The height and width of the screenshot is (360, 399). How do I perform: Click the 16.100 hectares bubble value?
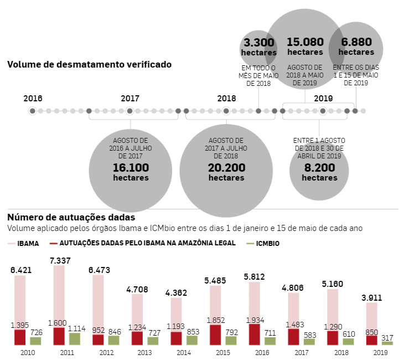(x=131, y=167)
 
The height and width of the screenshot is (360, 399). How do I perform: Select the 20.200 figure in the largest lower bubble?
(x=226, y=167)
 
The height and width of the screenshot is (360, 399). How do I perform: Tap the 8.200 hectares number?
(x=319, y=167)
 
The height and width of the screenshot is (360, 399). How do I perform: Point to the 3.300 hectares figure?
(x=259, y=42)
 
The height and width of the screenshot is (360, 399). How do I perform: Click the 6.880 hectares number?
(x=356, y=42)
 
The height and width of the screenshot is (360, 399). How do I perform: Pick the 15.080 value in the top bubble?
(x=305, y=42)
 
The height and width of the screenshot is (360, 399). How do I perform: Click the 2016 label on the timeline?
(x=33, y=99)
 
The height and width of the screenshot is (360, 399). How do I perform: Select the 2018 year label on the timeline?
(x=226, y=99)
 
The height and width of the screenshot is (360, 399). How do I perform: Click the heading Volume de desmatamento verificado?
(x=89, y=64)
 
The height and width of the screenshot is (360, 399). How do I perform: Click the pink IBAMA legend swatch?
(x=11, y=243)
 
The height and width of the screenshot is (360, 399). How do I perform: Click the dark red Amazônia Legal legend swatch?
(x=53, y=243)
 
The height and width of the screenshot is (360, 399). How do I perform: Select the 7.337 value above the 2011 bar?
(x=59, y=260)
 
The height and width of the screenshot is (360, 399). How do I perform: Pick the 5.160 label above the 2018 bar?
(x=333, y=284)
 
